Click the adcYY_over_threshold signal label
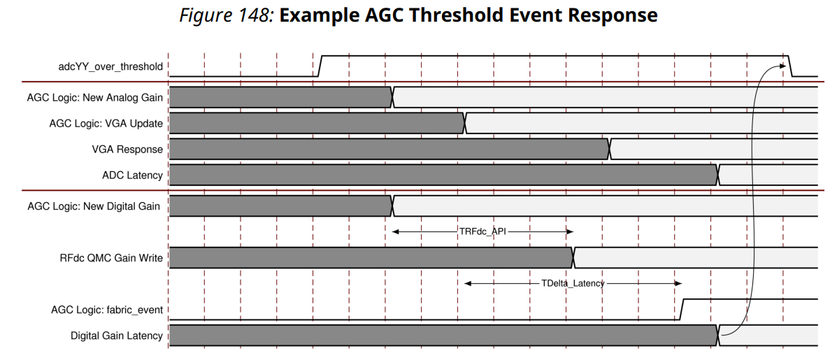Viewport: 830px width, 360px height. [x=110, y=66]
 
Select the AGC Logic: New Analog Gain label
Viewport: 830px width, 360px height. [x=95, y=97]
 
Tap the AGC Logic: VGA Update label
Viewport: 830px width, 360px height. [x=106, y=123]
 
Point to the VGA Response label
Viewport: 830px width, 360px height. [x=127, y=150]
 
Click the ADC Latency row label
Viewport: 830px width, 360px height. [x=132, y=175]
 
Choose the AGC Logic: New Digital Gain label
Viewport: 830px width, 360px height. [x=94, y=206]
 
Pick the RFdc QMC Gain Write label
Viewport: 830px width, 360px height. [x=111, y=258]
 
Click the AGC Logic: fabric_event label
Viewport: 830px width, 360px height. [x=107, y=310]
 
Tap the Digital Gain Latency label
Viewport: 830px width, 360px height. [x=117, y=336]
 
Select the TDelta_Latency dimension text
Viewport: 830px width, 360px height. [x=573, y=283]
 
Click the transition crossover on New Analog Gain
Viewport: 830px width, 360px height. [x=392, y=97]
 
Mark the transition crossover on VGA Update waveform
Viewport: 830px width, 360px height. [x=465, y=123]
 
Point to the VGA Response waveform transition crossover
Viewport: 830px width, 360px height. [x=610, y=150]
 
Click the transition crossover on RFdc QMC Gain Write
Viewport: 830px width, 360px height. [x=573, y=258]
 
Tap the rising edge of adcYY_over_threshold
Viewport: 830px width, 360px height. [x=320, y=66]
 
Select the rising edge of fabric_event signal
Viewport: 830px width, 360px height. [x=682, y=310]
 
